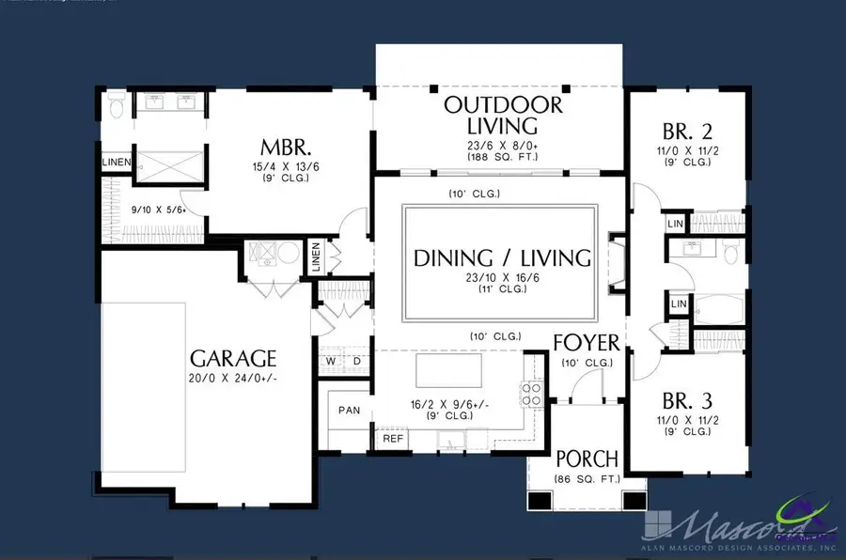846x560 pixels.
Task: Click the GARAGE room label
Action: point(233,358)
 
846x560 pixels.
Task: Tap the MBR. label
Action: point(287,148)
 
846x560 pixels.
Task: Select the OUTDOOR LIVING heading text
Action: point(503,114)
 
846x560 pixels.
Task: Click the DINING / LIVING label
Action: point(503,257)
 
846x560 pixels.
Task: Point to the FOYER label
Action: point(586,341)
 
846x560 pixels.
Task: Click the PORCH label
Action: point(587,459)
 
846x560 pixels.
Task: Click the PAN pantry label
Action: point(349,410)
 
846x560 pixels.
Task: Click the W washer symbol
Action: point(331,361)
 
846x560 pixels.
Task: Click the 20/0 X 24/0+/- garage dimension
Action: point(233,379)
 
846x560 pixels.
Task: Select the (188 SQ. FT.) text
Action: point(503,157)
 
